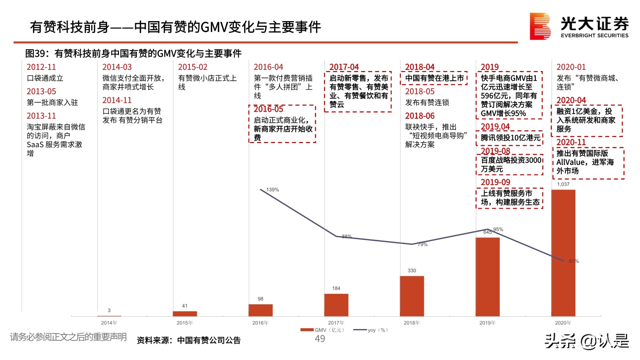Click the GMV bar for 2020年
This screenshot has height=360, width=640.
coord(563,253)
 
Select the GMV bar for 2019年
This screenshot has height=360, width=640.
coord(487,277)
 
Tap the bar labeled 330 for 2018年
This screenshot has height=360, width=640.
coord(412,296)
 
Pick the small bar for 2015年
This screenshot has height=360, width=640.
coord(185,314)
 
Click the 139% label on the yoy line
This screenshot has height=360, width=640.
coord(272,190)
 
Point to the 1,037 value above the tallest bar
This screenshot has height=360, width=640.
coord(563,184)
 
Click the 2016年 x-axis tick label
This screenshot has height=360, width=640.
coord(260,323)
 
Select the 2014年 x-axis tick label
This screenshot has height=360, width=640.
coord(109,323)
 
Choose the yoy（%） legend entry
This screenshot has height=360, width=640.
coord(371,330)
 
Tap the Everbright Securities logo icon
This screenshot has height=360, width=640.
coord(540,26)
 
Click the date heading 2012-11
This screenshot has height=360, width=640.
coord(41,67)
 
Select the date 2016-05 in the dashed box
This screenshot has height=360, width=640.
coord(268,109)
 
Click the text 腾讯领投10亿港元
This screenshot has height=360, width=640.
coord(510,138)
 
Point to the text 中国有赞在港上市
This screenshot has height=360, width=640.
coord(434,78)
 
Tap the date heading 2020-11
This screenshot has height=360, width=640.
coord(571,142)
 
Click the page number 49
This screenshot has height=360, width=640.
coord(320,339)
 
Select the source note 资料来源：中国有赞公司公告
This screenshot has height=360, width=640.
coord(188,340)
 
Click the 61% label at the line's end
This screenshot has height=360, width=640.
coord(574,261)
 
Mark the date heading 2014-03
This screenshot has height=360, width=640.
coord(117,67)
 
